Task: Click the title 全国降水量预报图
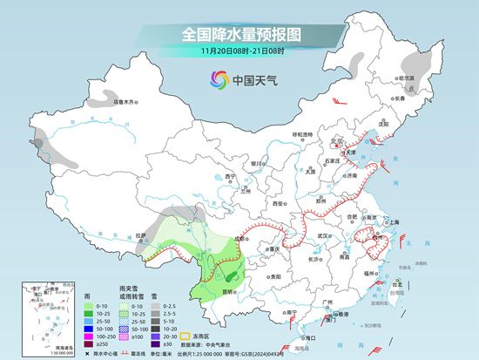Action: (239, 34)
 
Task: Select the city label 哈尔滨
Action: (406, 78)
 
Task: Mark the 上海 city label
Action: (399, 222)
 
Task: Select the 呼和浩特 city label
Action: (302, 134)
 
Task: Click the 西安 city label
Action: (278, 202)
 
